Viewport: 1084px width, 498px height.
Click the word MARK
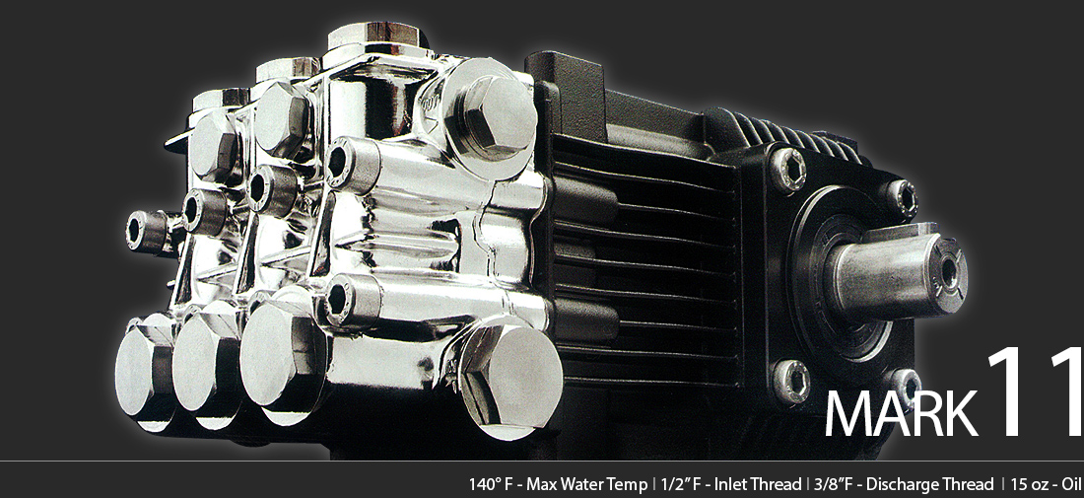click(x=901, y=412)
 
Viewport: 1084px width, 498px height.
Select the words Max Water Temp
click(x=587, y=484)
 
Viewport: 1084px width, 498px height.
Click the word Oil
click(x=1072, y=484)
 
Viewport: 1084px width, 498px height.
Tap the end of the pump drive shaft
click(x=950, y=272)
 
